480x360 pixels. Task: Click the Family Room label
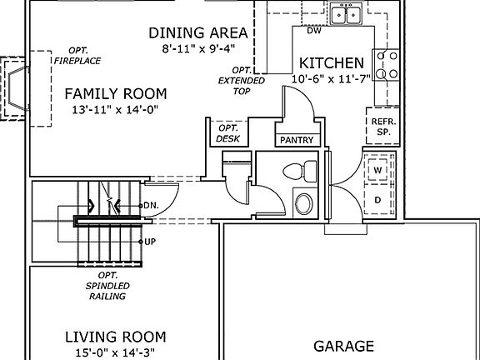[116, 93]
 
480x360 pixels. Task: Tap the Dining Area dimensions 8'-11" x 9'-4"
[198, 48]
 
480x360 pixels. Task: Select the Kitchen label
[332, 63]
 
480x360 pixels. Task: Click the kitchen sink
[346, 14]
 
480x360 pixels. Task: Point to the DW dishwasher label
[314, 31]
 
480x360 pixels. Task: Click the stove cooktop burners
[387, 65]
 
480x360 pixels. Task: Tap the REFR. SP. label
[383, 127]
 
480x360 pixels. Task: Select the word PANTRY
[297, 140]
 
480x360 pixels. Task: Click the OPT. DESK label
[228, 133]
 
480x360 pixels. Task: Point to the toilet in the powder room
[300, 170]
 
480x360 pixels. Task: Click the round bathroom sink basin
[304, 203]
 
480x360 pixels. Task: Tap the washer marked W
[378, 170]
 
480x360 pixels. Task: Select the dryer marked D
[378, 200]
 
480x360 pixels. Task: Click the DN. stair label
[151, 205]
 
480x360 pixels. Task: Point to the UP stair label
[150, 242]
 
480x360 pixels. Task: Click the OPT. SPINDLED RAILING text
[107, 286]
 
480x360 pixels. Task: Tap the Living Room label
[115, 337]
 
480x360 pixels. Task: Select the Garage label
[344, 346]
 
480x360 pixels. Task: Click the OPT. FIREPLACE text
[77, 56]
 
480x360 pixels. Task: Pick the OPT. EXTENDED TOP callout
[241, 81]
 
